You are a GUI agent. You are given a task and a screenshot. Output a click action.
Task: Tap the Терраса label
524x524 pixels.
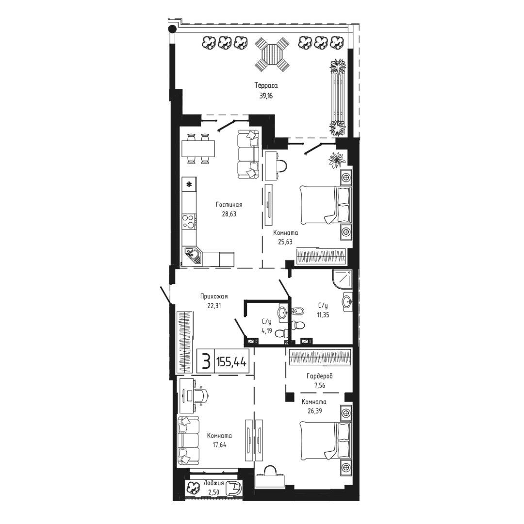pos(266,85)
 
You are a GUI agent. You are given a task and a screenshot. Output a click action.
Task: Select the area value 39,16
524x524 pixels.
pos(266,96)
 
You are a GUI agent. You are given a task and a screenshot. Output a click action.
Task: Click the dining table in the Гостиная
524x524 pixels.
pos(198,148)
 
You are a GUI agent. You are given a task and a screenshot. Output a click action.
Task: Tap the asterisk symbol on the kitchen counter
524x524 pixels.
pos(189,184)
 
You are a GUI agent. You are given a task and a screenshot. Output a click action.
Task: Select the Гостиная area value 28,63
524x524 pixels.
pos(229,214)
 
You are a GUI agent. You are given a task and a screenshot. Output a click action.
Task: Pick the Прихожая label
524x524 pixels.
pos(214,296)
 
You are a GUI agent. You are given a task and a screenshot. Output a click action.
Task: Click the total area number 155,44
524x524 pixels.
pos(231,361)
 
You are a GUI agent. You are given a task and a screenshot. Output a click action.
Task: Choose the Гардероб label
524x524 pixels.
pos(319,377)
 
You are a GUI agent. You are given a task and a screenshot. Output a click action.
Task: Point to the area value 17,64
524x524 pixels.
pos(219,445)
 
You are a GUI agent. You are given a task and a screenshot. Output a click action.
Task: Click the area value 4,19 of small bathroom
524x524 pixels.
pos(267,331)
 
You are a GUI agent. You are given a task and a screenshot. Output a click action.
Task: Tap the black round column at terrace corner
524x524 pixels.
pos(172,29)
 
